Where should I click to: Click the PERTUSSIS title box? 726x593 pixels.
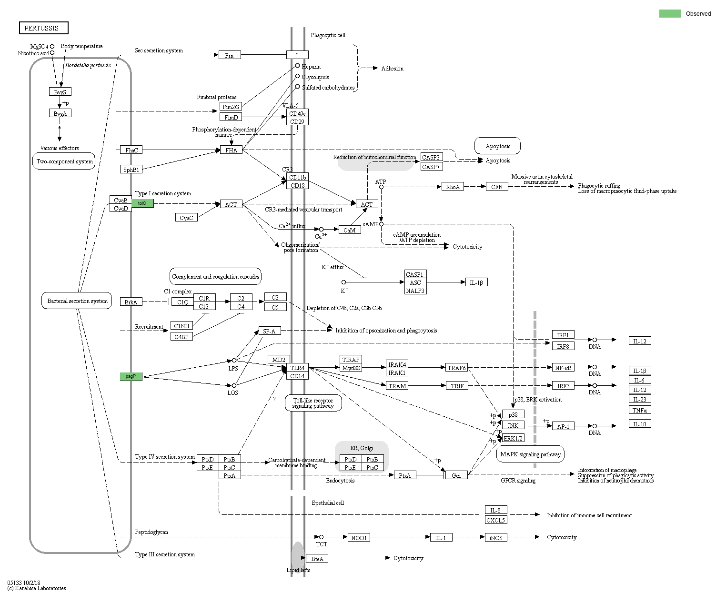click(x=43, y=28)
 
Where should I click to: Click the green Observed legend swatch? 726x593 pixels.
click(x=670, y=14)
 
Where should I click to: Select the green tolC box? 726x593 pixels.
click(x=142, y=203)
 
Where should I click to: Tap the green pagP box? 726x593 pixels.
click(x=131, y=376)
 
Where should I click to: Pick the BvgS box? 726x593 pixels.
click(x=60, y=91)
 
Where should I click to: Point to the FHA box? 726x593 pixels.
click(x=231, y=150)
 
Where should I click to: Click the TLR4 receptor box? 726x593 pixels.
click(x=297, y=368)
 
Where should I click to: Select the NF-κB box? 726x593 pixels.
click(x=563, y=367)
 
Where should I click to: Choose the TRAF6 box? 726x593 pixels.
click(x=456, y=367)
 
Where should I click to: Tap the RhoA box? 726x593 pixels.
click(x=453, y=187)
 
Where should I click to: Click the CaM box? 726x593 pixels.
click(x=349, y=230)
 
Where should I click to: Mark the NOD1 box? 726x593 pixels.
click(x=359, y=537)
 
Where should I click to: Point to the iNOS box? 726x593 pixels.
click(x=496, y=537)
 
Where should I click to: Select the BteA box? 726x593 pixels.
click(x=317, y=558)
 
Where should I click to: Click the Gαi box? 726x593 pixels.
click(x=456, y=475)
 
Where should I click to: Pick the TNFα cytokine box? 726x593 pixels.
click(x=639, y=410)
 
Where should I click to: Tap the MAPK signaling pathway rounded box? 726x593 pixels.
click(x=530, y=454)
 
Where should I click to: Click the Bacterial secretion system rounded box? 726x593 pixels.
click(x=77, y=301)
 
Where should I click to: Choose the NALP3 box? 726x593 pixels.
click(x=415, y=290)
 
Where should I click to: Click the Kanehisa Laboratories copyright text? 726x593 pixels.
click(x=37, y=588)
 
